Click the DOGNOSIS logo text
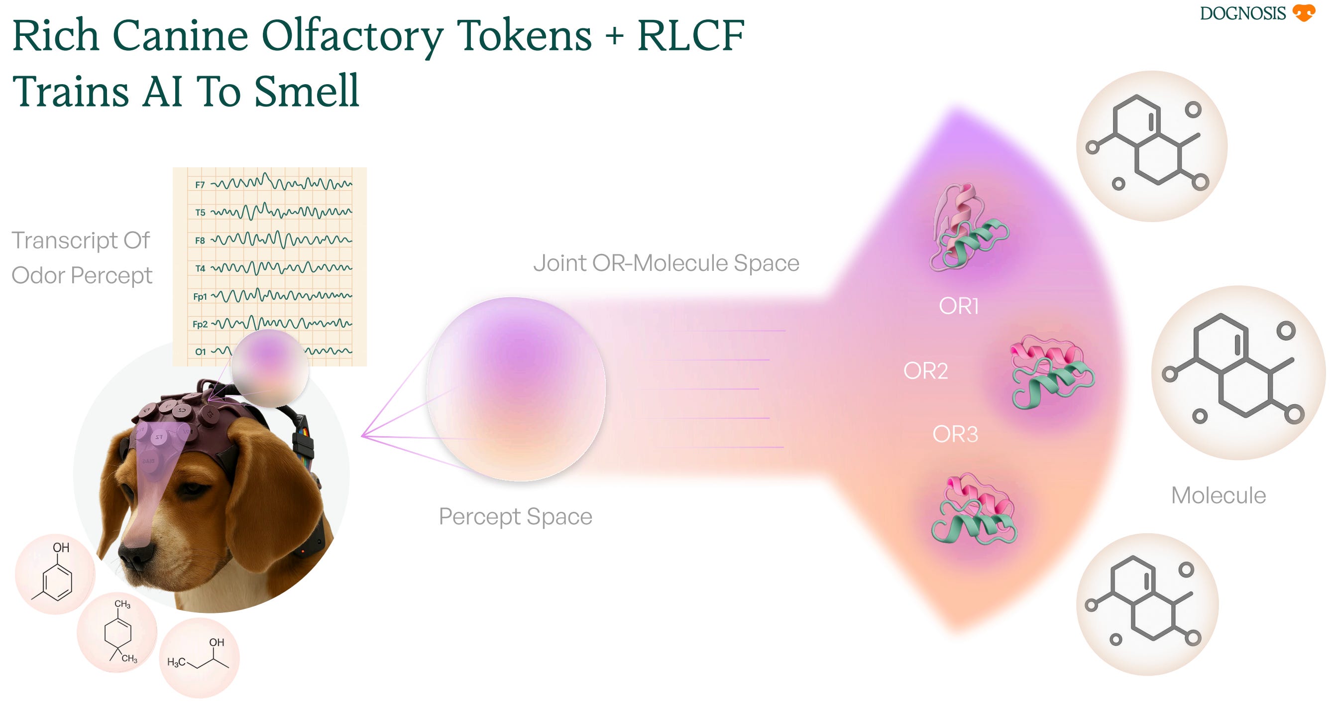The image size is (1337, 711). (1242, 13)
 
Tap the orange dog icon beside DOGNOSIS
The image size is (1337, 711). (1303, 13)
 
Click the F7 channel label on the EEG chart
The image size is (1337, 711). (200, 185)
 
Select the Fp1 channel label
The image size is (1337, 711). (200, 297)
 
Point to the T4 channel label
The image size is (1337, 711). (200, 268)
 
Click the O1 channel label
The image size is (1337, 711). (200, 352)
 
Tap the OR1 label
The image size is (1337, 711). (959, 306)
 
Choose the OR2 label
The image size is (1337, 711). (925, 370)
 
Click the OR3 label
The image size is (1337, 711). (955, 434)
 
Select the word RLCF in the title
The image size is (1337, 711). (691, 35)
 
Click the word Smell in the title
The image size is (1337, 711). (306, 91)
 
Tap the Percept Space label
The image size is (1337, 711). (515, 516)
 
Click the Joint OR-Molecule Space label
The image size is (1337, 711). (666, 263)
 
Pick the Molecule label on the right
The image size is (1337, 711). (1218, 495)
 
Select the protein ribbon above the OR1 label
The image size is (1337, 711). (969, 227)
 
